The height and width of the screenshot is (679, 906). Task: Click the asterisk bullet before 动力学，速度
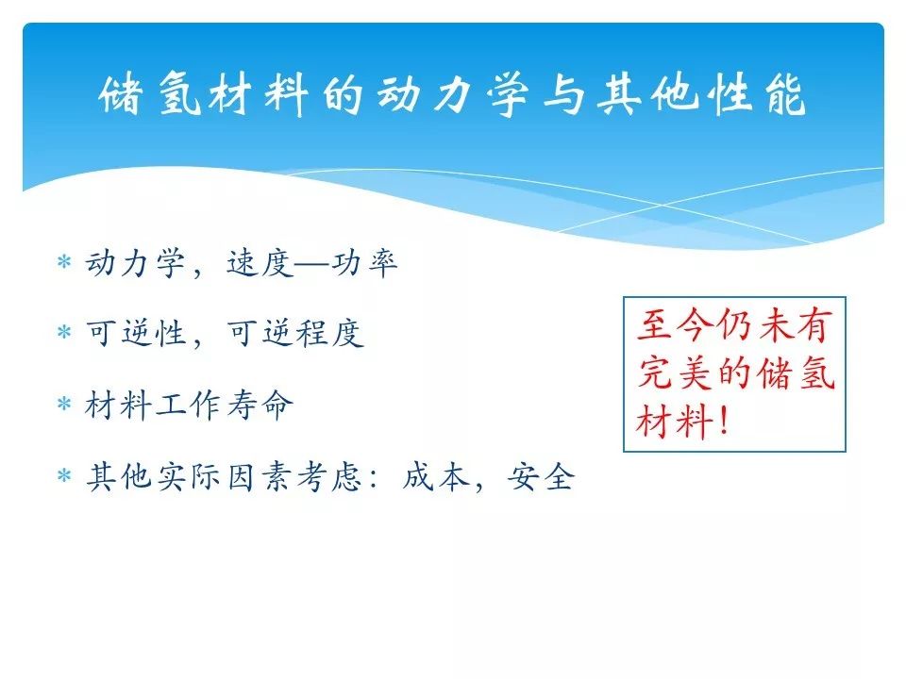coord(64,261)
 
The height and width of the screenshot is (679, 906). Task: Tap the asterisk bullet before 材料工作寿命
coord(64,403)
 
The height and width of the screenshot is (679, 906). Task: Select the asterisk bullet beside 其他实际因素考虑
coord(64,475)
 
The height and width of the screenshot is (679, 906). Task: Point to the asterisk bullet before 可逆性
coord(64,332)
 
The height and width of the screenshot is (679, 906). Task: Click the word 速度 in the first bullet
coord(260,263)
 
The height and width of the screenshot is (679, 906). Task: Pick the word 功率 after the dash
coord(364,263)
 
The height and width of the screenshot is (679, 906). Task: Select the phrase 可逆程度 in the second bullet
coord(295,334)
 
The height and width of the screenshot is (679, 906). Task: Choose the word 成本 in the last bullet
coord(436,477)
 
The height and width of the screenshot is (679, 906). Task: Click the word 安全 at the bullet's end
coord(542,477)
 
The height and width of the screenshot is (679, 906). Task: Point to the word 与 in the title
coord(564,94)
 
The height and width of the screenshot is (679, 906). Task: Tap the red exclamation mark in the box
coord(724,421)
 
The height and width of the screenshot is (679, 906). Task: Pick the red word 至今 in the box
coord(674,324)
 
